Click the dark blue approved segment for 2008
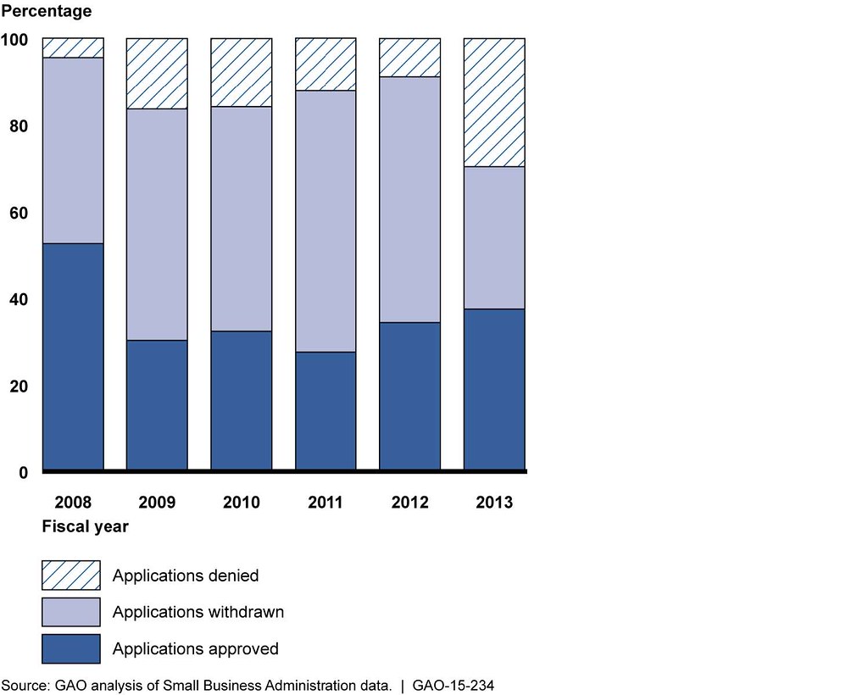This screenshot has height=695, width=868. pyautogui.click(x=73, y=356)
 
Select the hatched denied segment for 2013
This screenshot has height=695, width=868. pyautogui.click(x=494, y=103)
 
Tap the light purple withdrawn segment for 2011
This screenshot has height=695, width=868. pyautogui.click(x=325, y=220)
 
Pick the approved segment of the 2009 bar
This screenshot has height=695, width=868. pyautogui.click(x=157, y=404)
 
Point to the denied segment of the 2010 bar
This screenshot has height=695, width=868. pyautogui.click(x=242, y=72)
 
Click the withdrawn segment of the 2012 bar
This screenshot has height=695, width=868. pyautogui.click(x=409, y=199)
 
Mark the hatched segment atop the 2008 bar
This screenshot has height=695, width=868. pyautogui.click(x=73, y=47)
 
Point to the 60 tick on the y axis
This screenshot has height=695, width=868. pyautogui.click(x=19, y=213)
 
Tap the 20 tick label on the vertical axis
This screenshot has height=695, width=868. pyautogui.click(x=19, y=386)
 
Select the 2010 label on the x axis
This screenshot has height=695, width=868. pyautogui.click(x=242, y=503)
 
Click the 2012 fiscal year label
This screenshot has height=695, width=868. pyautogui.click(x=409, y=503)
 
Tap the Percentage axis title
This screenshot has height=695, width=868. pyautogui.click(x=47, y=13)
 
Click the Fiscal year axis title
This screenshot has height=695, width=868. pyautogui.click(x=86, y=526)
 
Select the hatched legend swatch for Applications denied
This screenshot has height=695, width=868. pyautogui.click(x=71, y=575)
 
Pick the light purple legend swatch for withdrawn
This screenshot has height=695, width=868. pyautogui.click(x=71, y=612)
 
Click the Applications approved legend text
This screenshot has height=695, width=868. pyautogui.click(x=195, y=649)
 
